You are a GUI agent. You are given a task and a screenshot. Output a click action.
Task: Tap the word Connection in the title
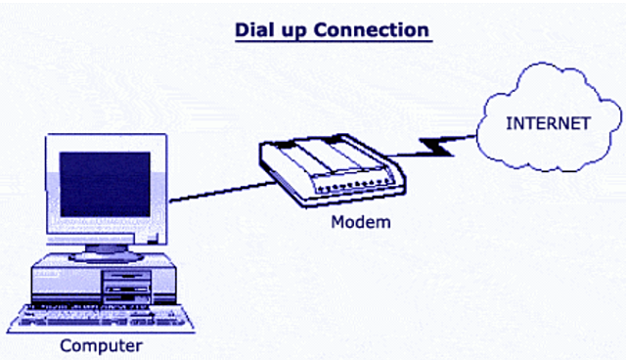(373, 29)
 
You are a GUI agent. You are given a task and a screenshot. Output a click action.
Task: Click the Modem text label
(360, 222)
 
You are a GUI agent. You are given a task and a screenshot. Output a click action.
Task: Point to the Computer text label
(101, 345)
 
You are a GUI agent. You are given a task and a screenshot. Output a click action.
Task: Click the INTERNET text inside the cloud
(547, 123)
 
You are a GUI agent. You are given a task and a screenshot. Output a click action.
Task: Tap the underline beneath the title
(333, 41)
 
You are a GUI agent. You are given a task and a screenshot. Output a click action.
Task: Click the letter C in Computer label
(66, 345)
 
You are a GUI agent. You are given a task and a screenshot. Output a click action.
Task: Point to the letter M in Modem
(336, 222)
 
